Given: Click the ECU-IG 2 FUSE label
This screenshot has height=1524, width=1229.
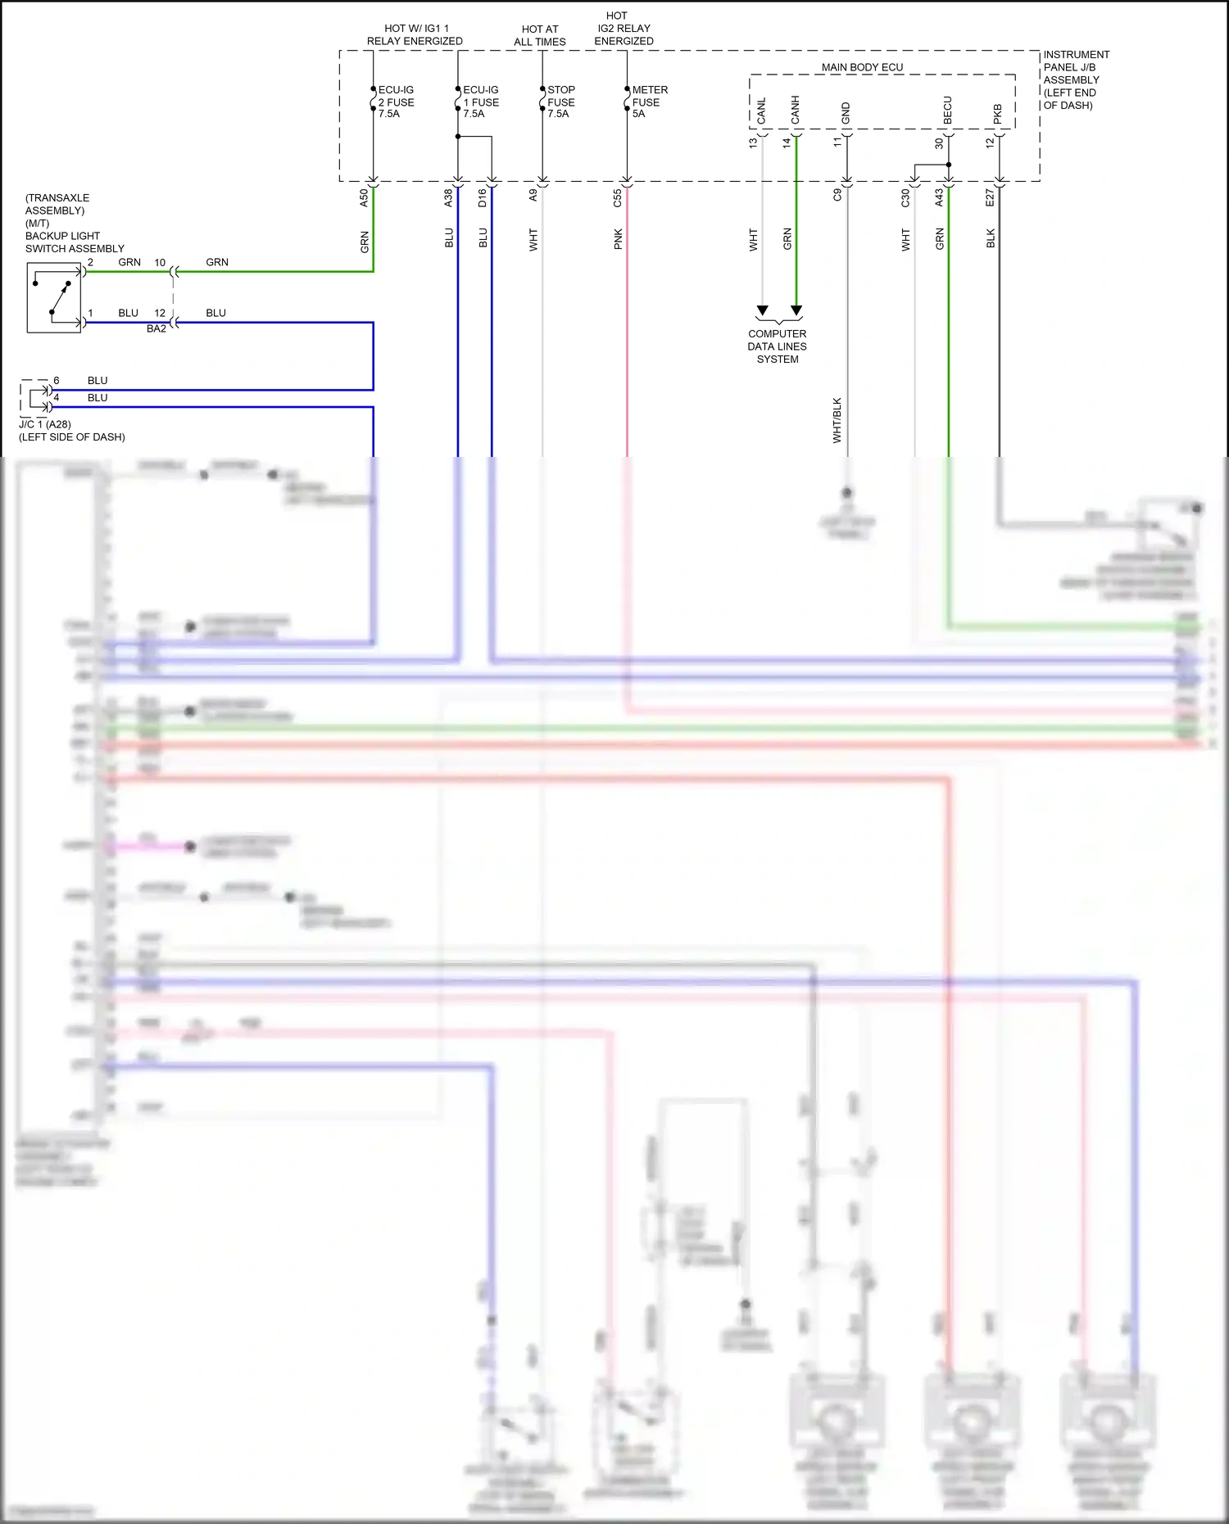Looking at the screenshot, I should tap(396, 102).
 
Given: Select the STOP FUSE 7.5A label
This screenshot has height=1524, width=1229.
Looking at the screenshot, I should tap(561, 102).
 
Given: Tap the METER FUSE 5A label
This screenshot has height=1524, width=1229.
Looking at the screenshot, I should tap(649, 102).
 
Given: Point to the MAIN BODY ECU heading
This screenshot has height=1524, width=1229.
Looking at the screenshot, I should tap(862, 67).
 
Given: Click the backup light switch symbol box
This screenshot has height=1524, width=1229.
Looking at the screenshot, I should tap(54, 297).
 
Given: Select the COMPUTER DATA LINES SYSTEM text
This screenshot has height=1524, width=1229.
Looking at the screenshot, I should tap(777, 346).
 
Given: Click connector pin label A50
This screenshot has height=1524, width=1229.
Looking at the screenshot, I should tap(364, 197).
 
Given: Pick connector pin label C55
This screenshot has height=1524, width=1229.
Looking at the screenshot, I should tap(618, 197).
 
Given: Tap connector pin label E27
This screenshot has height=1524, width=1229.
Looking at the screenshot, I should tap(990, 197).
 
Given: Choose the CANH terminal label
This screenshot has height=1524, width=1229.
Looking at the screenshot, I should tap(795, 110).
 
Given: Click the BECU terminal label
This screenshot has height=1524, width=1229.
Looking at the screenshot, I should tap(948, 110).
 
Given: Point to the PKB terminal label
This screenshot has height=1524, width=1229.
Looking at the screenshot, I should tap(998, 113).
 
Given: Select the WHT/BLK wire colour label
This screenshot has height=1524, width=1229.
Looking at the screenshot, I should tap(837, 420).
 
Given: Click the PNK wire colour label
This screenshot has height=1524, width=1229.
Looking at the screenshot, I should tap(618, 239).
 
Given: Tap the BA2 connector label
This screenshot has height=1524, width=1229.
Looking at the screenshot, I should tap(156, 328).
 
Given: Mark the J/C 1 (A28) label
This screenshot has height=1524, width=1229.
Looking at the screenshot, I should tap(45, 424).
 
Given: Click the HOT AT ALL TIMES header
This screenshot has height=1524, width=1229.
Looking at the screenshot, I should tap(540, 35).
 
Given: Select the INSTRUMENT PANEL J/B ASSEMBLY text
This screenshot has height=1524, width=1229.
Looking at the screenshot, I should tap(1076, 79).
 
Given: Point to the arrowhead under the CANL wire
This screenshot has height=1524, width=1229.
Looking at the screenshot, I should tap(763, 311).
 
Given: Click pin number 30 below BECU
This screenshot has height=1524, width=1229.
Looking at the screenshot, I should tap(939, 143).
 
